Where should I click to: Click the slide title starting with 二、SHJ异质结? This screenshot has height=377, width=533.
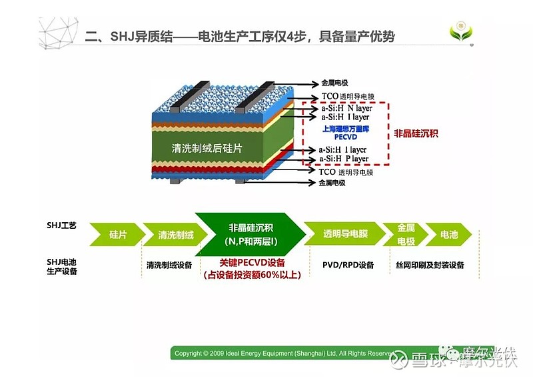coord(240,36)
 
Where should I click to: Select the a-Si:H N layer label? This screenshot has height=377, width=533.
coord(344,108)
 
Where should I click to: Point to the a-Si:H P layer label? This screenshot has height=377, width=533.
coord(343,159)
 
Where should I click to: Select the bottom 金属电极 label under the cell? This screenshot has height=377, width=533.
coord(334,182)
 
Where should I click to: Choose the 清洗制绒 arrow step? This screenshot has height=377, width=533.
coord(175,235)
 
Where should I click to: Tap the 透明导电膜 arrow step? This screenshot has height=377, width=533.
coord(344,235)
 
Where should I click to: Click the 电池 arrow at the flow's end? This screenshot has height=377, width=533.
coord(449,235)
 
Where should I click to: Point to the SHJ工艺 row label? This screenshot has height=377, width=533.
coord(61,226)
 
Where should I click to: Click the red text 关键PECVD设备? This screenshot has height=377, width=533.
coord(253,263)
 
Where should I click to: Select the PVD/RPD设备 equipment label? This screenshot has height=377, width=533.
coord(348,265)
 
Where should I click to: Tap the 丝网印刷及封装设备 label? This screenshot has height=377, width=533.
coord(430,265)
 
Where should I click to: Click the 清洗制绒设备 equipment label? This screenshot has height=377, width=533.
coord(169,265)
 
